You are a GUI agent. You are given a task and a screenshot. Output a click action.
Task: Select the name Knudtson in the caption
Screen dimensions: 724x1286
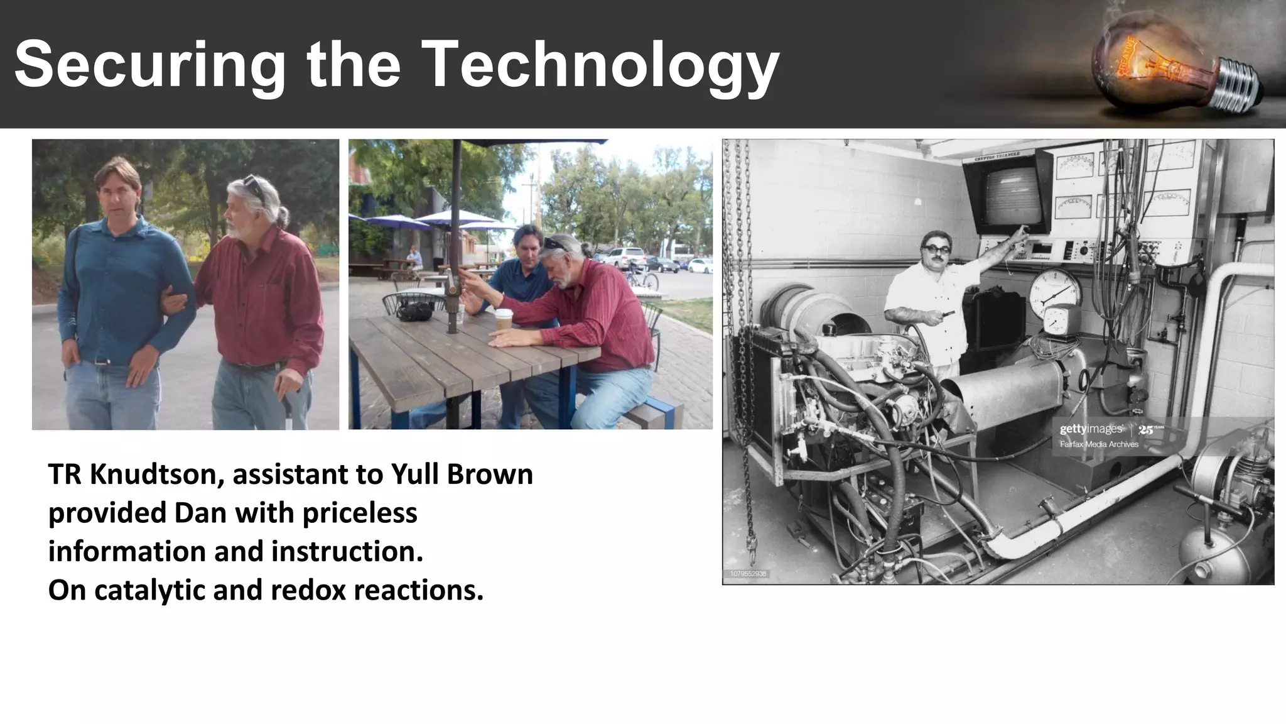tap(156, 474)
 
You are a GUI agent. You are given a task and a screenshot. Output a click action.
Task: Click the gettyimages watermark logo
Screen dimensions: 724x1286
tap(1091, 430)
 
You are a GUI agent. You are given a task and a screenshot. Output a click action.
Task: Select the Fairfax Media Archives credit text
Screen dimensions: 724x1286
tap(1099, 444)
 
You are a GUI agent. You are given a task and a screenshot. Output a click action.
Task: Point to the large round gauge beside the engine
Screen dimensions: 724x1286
tap(1055, 293)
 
